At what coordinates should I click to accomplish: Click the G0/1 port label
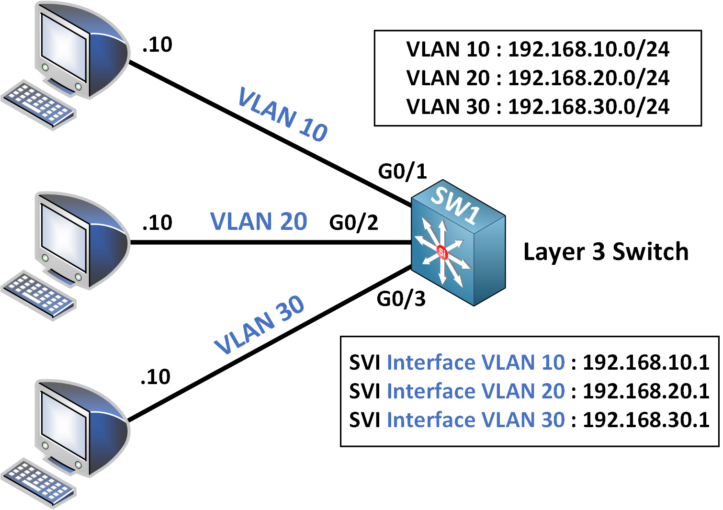point(402,171)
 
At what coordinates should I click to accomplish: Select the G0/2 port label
point(353,223)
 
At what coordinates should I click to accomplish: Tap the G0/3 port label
point(401,299)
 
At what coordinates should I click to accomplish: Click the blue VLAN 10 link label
point(282,114)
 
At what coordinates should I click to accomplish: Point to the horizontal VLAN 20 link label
point(259,222)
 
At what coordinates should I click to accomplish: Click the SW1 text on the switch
point(455,204)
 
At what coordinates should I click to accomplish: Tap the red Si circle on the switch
point(442,251)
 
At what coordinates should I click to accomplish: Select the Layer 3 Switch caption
point(606,252)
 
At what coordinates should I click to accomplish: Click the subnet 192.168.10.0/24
point(588,49)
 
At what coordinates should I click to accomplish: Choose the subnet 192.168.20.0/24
point(588,78)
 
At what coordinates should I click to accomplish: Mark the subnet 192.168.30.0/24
point(588,107)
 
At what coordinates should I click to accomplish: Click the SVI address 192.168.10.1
point(646,363)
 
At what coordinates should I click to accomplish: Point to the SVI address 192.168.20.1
point(646,391)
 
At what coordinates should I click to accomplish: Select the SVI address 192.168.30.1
point(646,420)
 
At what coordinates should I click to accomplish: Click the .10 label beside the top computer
point(157,45)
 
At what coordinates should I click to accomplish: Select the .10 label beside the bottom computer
point(156,377)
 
